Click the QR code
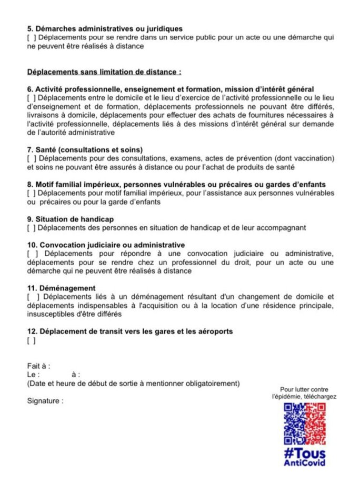305,424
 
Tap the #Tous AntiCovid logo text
305,457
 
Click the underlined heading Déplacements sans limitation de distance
104,72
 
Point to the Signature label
45,401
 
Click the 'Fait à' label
38,366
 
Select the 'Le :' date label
33,375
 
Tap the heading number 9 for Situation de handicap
30,219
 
